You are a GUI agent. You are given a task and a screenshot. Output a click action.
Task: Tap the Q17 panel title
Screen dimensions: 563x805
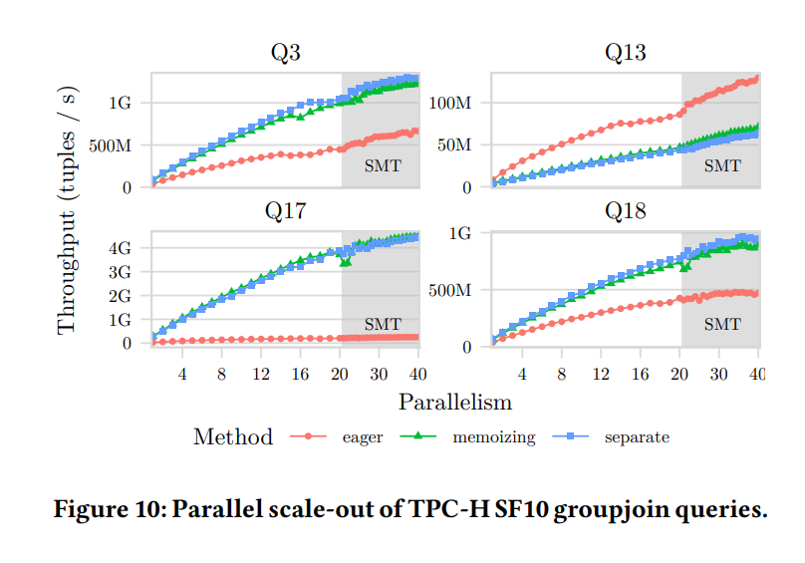285,210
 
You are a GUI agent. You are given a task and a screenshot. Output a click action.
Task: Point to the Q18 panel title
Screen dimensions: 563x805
625,210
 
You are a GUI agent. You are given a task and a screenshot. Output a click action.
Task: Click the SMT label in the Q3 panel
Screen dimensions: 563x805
383,166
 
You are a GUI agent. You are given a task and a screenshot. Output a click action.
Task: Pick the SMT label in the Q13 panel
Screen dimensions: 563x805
722,166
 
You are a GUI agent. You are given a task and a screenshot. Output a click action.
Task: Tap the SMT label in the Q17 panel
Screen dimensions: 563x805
383,324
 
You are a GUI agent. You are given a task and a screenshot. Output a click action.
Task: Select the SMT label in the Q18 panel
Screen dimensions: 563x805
722,324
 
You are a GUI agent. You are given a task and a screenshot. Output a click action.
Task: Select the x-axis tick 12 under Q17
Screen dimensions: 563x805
261,374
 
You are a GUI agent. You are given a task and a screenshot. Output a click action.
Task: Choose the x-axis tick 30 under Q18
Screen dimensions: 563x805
719,374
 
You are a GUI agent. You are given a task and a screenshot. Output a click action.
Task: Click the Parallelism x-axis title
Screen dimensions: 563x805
454,403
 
